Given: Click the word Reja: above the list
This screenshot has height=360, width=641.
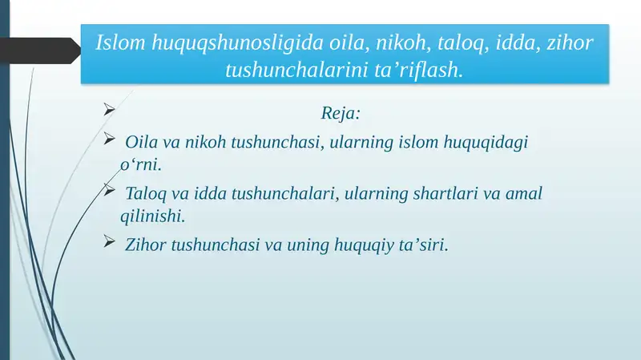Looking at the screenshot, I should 341,112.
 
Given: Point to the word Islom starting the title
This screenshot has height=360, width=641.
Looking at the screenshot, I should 120,42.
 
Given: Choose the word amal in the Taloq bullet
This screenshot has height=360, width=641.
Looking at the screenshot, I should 524,194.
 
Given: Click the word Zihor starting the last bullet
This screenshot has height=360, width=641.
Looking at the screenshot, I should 147,245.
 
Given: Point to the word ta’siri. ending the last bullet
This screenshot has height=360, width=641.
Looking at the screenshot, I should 424,245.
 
